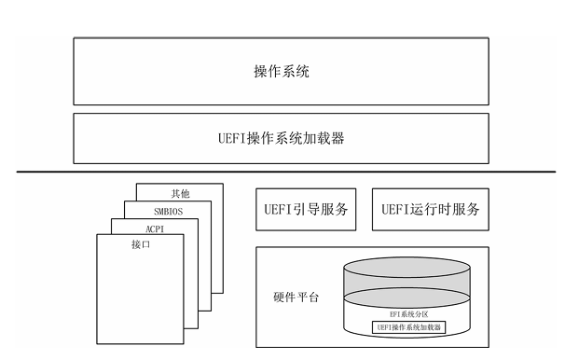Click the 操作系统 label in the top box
282,71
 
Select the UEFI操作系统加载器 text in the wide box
282,138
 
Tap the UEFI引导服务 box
306,209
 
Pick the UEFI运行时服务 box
431,209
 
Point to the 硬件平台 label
296,298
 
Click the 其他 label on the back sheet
180,193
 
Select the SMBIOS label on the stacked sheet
168,211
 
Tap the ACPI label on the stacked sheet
155,228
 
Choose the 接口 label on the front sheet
141,244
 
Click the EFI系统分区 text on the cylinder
409,314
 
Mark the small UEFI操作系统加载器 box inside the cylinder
409,327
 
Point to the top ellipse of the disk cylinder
407,268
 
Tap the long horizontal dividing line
286,172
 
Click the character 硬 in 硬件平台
279,298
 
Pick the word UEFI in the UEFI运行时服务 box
395,209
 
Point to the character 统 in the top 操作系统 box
303,71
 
